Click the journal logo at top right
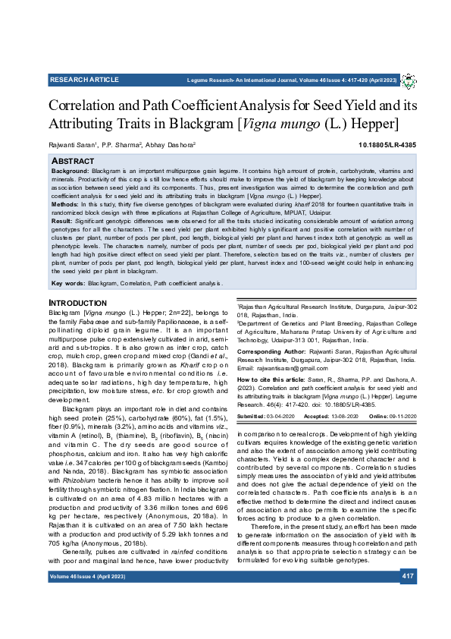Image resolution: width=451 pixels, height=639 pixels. tap(408, 80)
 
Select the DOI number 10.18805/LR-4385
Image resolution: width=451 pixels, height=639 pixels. tap(387, 144)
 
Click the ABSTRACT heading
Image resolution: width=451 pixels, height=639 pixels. tap(73, 162)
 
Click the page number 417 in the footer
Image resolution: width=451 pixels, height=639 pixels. tap(408, 598)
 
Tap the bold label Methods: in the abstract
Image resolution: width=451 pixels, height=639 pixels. tap(67, 205)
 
